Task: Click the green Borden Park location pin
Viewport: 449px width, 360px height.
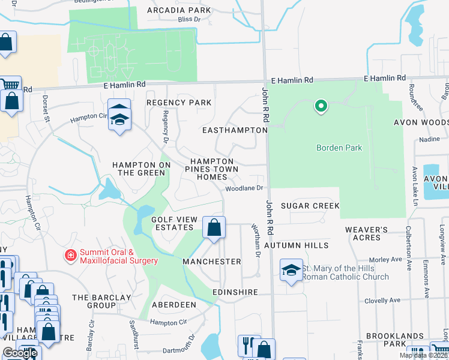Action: (x=321, y=107)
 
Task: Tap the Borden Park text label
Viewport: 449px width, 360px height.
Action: (x=339, y=148)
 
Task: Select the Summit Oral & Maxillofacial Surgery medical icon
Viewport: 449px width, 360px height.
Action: (x=71, y=256)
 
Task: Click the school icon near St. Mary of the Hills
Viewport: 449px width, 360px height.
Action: (x=291, y=270)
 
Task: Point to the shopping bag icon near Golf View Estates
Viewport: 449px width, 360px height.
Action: (x=214, y=227)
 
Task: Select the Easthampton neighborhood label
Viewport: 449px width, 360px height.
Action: (x=234, y=130)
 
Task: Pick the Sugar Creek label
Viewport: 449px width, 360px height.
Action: (x=310, y=206)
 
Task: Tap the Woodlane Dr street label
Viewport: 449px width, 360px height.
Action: (x=245, y=188)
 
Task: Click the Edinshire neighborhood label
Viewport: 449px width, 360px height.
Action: (x=235, y=292)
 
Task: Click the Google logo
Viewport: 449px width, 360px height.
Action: (x=20, y=353)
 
